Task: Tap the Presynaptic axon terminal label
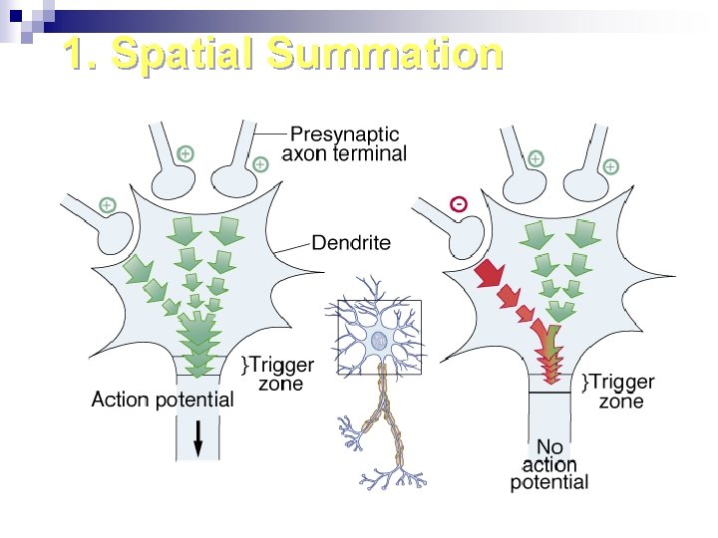pyautogui.click(x=344, y=143)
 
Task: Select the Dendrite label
pyautogui.click(x=351, y=242)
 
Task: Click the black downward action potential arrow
pyautogui.click(x=198, y=435)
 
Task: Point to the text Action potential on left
pyautogui.click(x=163, y=400)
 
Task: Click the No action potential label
pyautogui.click(x=549, y=464)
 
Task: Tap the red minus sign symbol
pyautogui.click(x=457, y=204)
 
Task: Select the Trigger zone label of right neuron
pyautogui.click(x=621, y=392)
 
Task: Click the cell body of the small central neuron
pyautogui.click(x=379, y=341)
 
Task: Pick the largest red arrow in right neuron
pyautogui.click(x=489, y=272)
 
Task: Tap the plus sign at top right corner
pyautogui.click(x=610, y=166)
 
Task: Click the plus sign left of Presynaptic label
pyautogui.click(x=260, y=163)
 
